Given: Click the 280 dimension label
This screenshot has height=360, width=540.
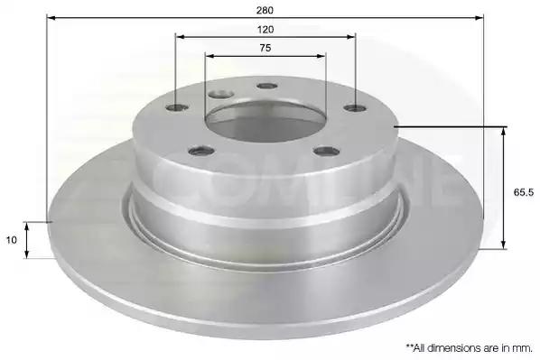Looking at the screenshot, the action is pyautogui.click(x=265, y=10).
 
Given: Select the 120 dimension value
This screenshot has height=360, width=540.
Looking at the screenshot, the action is pyautogui.click(x=265, y=30).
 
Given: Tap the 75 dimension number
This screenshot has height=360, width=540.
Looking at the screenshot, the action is pyautogui.click(x=265, y=48).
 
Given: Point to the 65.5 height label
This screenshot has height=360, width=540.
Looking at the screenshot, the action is pyautogui.click(x=524, y=192).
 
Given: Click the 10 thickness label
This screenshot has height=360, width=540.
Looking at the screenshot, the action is pyautogui.click(x=12, y=240).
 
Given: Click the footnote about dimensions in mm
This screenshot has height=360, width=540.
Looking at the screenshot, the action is pyautogui.click(x=469, y=348).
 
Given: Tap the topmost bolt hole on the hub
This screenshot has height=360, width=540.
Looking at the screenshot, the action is pyautogui.click(x=267, y=86).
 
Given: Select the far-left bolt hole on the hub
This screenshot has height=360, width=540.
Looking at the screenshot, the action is pyautogui.click(x=177, y=107).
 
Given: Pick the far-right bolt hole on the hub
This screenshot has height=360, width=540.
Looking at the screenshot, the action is pyautogui.click(x=356, y=108).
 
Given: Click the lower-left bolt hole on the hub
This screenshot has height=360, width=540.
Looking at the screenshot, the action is pyautogui.click(x=201, y=151).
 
